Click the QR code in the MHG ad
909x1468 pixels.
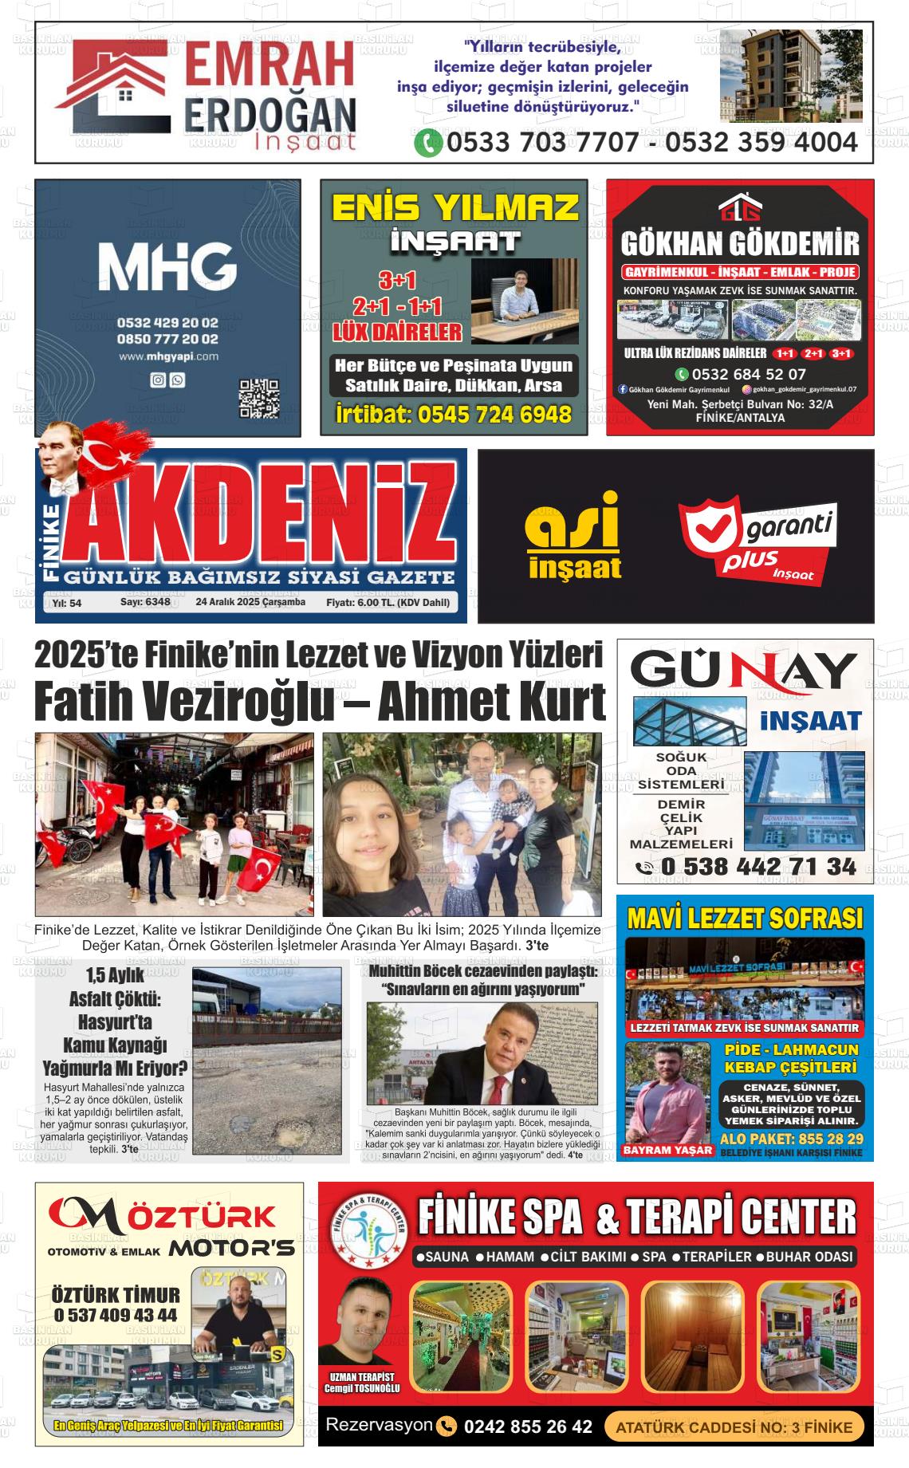click(x=259, y=399)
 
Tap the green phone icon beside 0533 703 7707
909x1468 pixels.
click(x=428, y=143)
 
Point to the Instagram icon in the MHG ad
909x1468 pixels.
click(x=158, y=380)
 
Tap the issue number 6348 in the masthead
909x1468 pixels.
click(x=155, y=603)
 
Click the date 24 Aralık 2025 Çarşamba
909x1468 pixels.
click(x=250, y=603)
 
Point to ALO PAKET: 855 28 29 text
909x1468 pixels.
click(x=791, y=1138)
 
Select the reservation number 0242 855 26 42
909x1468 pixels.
click(x=528, y=1427)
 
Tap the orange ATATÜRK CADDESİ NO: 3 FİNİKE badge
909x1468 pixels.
click(x=734, y=1427)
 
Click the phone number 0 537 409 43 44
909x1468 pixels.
click(x=116, y=1314)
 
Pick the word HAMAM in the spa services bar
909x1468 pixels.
click(x=510, y=1257)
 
